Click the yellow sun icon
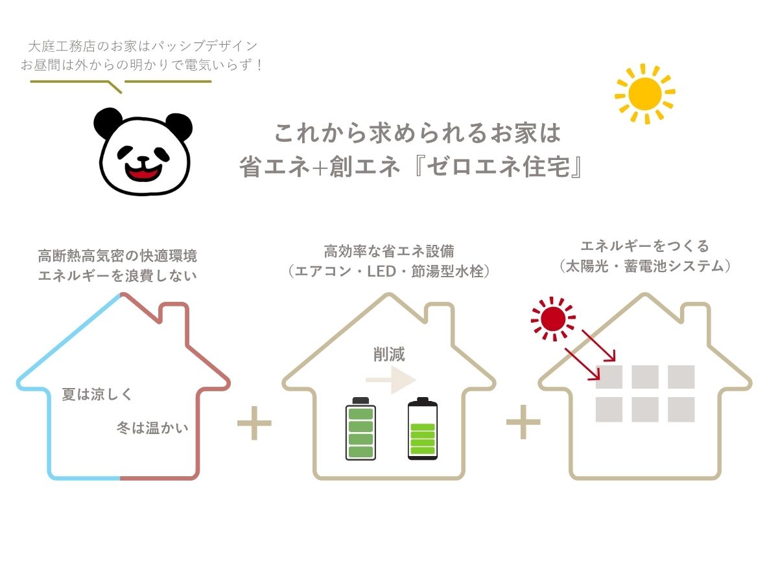coord(644,94)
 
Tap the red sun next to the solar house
coord(553,319)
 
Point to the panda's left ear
coord(107,122)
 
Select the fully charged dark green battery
coord(360,428)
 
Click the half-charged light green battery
coord(423,428)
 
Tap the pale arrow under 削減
coord(390,380)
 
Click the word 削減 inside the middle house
coord(389,354)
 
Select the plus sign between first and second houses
coord(254,422)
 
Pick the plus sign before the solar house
coord(523,422)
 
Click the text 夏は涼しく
coord(97,394)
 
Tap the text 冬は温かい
coord(152,428)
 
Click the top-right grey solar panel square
coord(681,376)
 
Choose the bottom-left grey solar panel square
coord(609,409)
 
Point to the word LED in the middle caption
coord(381,271)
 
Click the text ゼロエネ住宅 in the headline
coord(498,166)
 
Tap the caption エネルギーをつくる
coord(644,246)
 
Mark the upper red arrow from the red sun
coord(598,345)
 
